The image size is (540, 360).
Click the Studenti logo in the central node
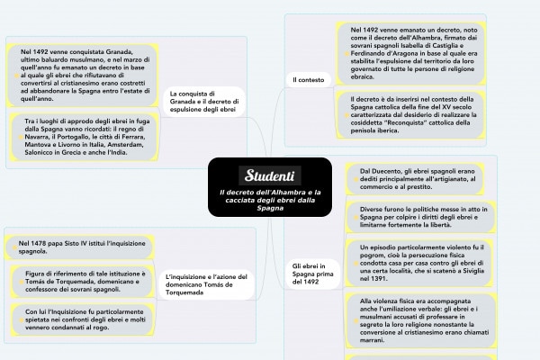click(269, 173)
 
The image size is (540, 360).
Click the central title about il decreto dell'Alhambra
click(270, 200)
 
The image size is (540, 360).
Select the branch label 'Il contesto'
click(308, 81)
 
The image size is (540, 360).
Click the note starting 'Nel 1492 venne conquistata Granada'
click(81, 76)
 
